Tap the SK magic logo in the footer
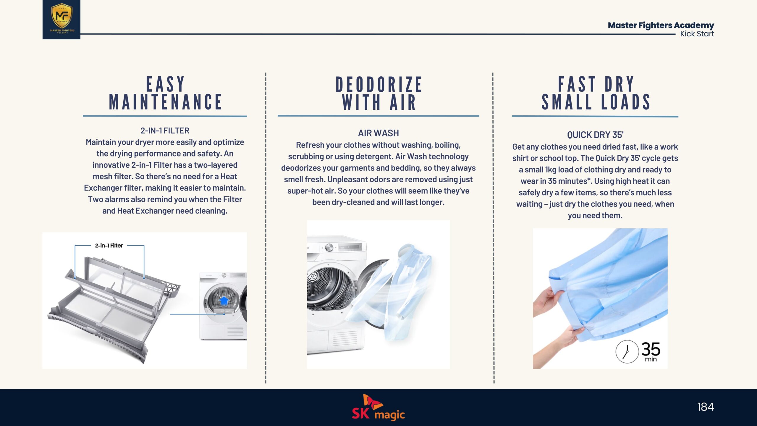click(x=378, y=407)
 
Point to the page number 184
click(x=706, y=407)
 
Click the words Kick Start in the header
click(x=697, y=34)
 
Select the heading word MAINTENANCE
click(x=165, y=102)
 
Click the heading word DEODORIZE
click(x=378, y=84)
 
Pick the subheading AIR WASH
click(x=378, y=133)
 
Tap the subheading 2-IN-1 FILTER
click(x=165, y=130)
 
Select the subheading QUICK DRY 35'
click(x=595, y=135)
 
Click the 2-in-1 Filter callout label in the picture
click(x=109, y=246)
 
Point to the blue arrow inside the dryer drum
click(x=224, y=301)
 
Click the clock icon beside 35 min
click(x=627, y=351)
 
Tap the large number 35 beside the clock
click(x=651, y=349)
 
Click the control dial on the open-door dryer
click(x=329, y=247)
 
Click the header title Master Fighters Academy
click(x=661, y=25)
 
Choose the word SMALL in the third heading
click(x=567, y=102)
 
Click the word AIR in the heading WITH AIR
click(x=403, y=102)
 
